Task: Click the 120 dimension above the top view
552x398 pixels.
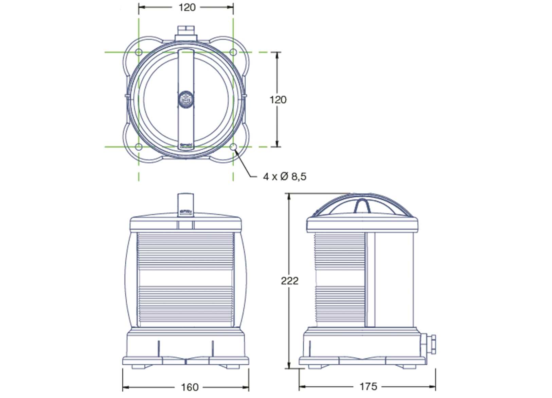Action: point(187,7)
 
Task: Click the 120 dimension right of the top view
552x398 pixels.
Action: point(278,100)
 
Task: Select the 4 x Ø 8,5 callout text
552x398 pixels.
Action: point(284,177)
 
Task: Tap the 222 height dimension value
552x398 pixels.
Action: point(289,281)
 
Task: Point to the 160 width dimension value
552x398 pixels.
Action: point(189,387)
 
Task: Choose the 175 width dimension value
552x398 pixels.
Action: point(368,386)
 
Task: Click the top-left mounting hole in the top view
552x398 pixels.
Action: point(139,52)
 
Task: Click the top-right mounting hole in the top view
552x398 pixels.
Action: point(233,52)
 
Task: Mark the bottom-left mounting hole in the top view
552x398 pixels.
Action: point(139,147)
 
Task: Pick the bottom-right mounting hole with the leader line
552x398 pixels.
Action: point(233,147)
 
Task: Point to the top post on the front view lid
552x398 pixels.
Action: point(185,203)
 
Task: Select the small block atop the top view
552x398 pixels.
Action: point(186,33)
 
